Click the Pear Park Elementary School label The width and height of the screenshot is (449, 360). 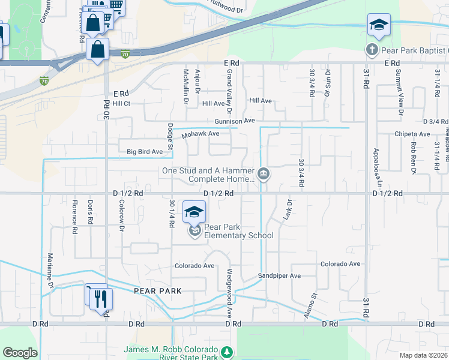[x=238, y=231]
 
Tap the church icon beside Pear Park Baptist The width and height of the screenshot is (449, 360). [x=372, y=49]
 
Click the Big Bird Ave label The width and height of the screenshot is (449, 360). [x=145, y=152]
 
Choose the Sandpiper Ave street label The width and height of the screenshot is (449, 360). [x=279, y=275]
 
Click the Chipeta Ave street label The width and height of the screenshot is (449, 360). [x=412, y=134]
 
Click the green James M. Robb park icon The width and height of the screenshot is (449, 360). [x=226, y=352]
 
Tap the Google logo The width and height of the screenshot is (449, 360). [x=20, y=353]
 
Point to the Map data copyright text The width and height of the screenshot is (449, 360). [x=423, y=355]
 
